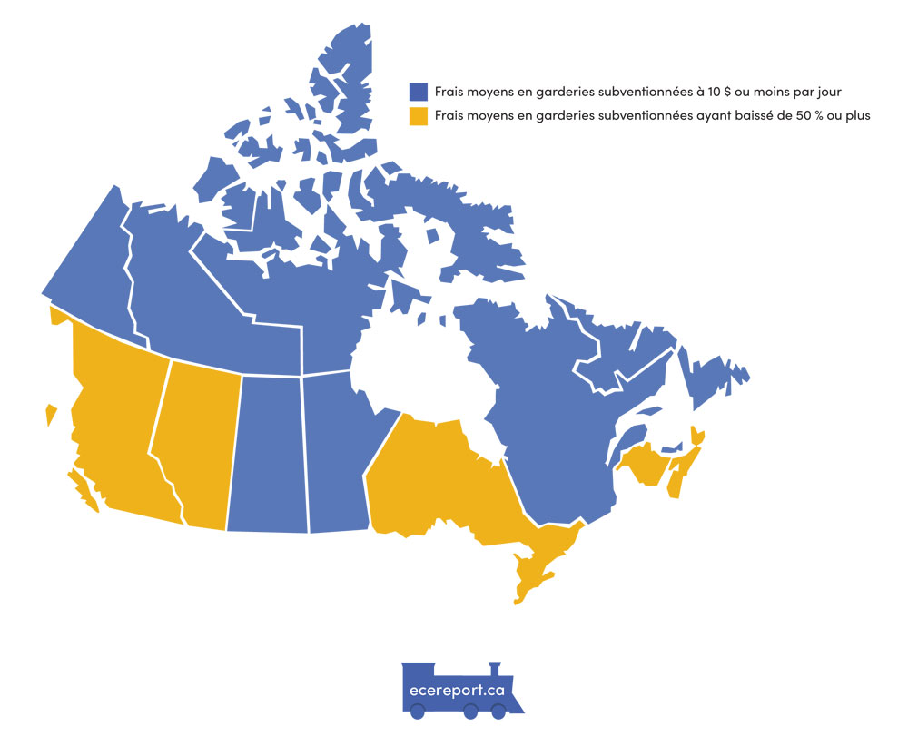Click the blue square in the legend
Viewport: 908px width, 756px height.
[x=418, y=92]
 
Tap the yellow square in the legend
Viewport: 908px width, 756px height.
[x=418, y=116]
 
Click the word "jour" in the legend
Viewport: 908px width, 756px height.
[x=837, y=92]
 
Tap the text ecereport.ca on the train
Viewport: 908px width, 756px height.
[x=457, y=689]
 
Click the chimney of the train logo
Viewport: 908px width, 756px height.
[x=494, y=668]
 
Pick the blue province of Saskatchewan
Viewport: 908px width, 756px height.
[x=268, y=454]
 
